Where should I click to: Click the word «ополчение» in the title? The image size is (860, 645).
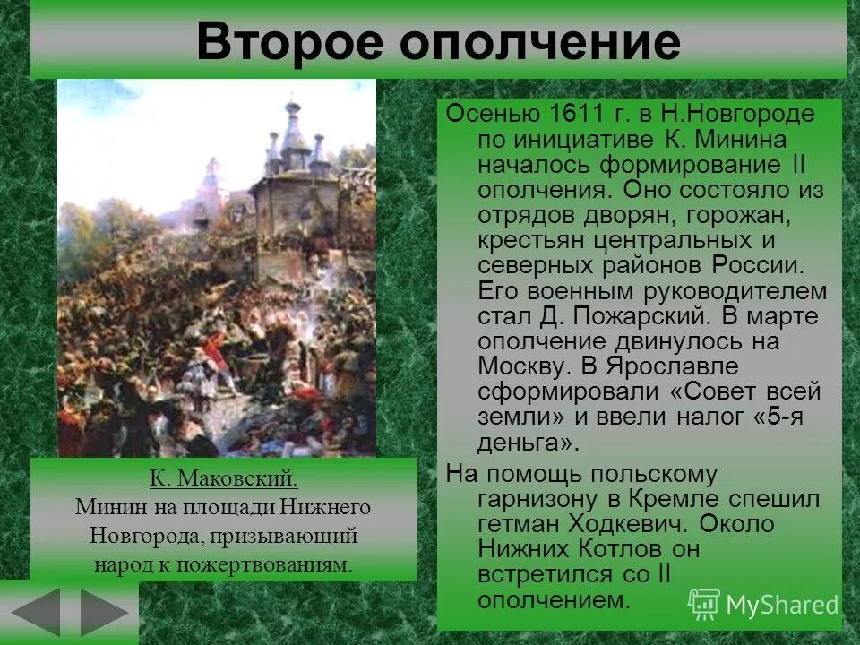pos(540,43)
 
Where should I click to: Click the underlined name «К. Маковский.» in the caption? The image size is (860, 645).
pos(223,479)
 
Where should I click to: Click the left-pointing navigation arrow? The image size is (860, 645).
pos(35,613)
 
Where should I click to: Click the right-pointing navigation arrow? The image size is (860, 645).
pos(103,613)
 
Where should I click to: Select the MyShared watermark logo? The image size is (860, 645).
pos(763,605)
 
